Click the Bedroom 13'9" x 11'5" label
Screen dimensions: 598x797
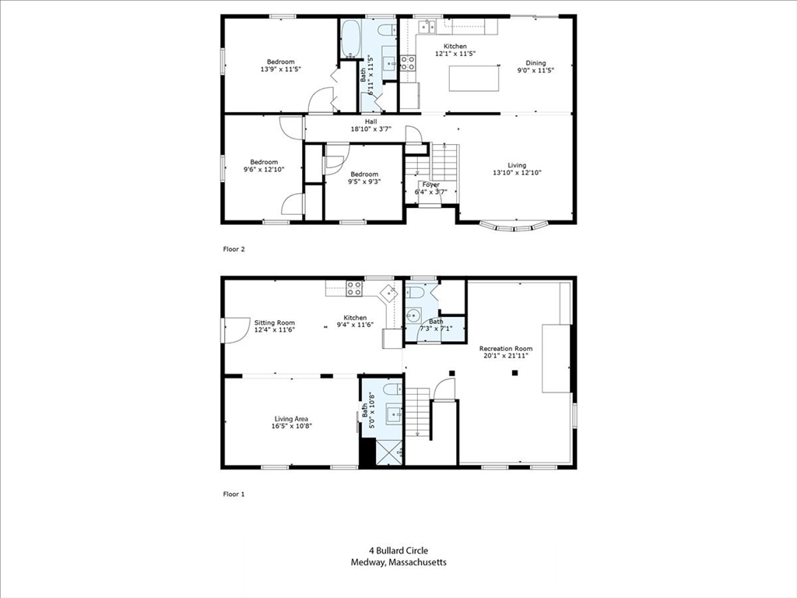point(281,65)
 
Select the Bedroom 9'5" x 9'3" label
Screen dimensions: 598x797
point(363,178)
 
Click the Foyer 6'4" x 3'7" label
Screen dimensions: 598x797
point(430,188)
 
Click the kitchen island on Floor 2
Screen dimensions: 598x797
point(475,79)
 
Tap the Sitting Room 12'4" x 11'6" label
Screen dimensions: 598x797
point(275,326)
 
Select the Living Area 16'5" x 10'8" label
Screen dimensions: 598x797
point(290,423)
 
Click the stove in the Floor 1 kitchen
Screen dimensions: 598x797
point(354,288)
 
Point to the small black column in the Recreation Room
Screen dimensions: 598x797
point(514,373)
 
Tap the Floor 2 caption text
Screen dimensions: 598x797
point(233,249)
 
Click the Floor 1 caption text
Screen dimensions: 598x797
point(233,494)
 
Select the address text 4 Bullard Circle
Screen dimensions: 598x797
point(398,551)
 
